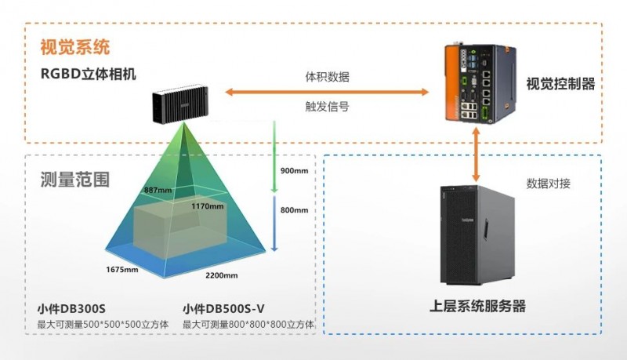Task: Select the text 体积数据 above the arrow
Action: [327, 78]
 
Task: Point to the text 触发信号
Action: [327, 106]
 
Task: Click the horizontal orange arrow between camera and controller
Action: [327, 93]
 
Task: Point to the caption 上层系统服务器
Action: [478, 306]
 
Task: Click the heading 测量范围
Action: [74, 179]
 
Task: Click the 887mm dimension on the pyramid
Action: [157, 190]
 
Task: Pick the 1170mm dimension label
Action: [208, 206]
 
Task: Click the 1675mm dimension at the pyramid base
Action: [122, 270]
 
